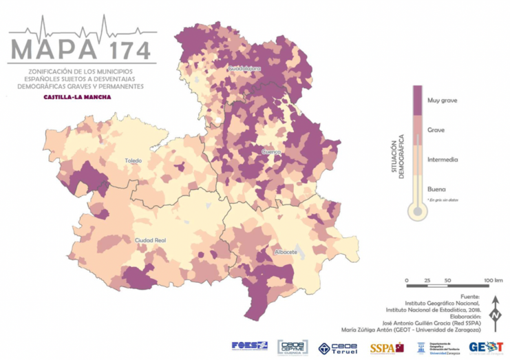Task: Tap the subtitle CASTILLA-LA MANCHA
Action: (x=77, y=97)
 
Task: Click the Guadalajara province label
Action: (x=246, y=69)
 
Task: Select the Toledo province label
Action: (x=133, y=160)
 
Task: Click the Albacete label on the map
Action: (x=285, y=252)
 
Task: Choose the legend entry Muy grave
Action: (x=442, y=100)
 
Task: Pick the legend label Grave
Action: (x=436, y=130)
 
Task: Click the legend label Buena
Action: (x=436, y=189)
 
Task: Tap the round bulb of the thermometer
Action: (x=416, y=211)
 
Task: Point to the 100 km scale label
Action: (x=492, y=281)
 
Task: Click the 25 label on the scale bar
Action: (x=427, y=281)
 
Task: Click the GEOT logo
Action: (x=486, y=347)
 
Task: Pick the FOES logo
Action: (x=250, y=346)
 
